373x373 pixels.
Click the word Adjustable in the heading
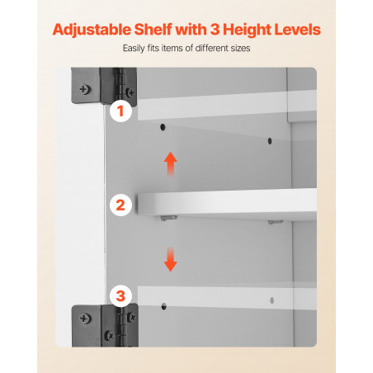(x=92, y=31)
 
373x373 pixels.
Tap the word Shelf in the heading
(x=153, y=29)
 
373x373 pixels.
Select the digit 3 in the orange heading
(x=215, y=30)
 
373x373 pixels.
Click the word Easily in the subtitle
(x=134, y=49)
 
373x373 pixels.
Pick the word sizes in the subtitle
(x=240, y=49)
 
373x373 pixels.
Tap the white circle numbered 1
(x=120, y=111)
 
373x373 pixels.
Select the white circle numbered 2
(x=120, y=205)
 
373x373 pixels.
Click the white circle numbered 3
(x=120, y=296)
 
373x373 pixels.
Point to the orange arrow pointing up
(x=171, y=164)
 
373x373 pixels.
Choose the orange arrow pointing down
(x=171, y=259)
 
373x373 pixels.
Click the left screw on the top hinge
(x=84, y=89)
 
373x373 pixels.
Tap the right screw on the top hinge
(x=130, y=92)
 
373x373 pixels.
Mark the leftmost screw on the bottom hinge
(x=84, y=319)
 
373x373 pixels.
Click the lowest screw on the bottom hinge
(x=109, y=335)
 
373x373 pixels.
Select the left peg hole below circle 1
(x=163, y=127)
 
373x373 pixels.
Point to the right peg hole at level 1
(x=270, y=141)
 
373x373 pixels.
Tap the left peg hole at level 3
(x=164, y=306)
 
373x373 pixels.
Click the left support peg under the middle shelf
(x=168, y=218)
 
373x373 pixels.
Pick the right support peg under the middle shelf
(x=276, y=222)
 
